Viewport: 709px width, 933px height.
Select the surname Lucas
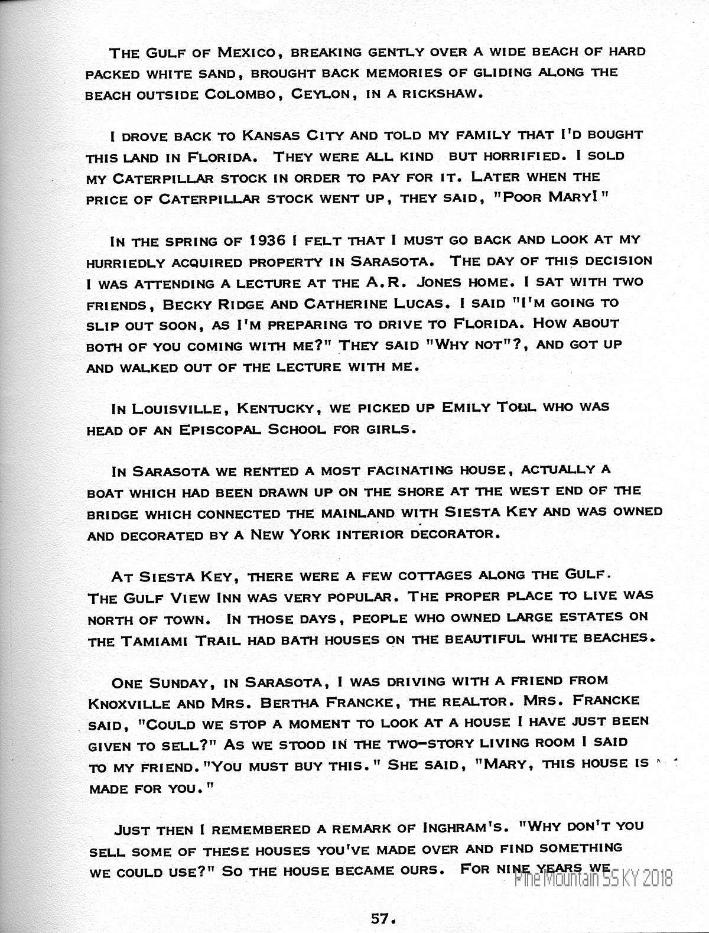click(412, 304)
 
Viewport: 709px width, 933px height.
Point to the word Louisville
click(178, 408)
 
